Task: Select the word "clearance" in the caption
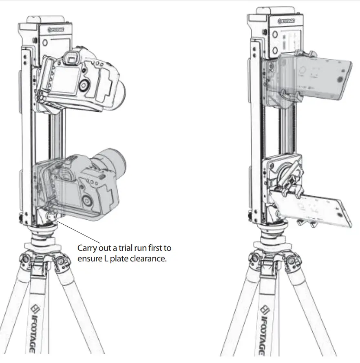[x=147, y=259]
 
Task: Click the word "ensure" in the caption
[x=88, y=259]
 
